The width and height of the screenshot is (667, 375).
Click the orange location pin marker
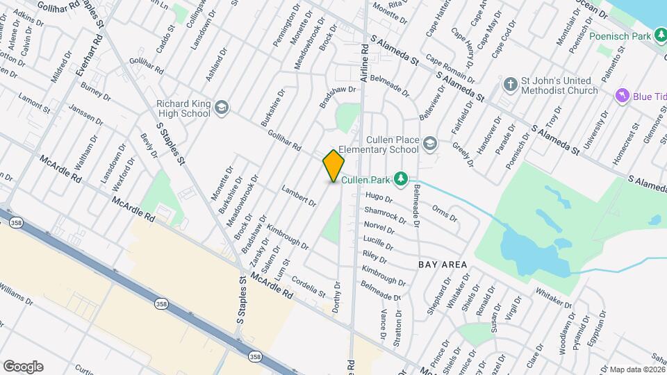pyautogui.click(x=334, y=165)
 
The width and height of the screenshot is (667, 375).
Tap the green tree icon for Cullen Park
pyautogui.click(x=400, y=179)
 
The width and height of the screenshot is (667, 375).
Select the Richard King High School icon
pyautogui.click(x=222, y=108)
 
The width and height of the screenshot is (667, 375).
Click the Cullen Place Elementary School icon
pyautogui.click(x=430, y=143)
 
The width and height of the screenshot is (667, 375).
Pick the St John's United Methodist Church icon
pyautogui.click(x=510, y=85)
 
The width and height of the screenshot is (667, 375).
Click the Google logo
pyautogui.click(x=23, y=366)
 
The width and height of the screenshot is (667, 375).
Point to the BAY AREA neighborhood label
pyautogui.click(x=443, y=265)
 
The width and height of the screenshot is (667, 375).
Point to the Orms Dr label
pyautogui.click(x=444, y=212)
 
